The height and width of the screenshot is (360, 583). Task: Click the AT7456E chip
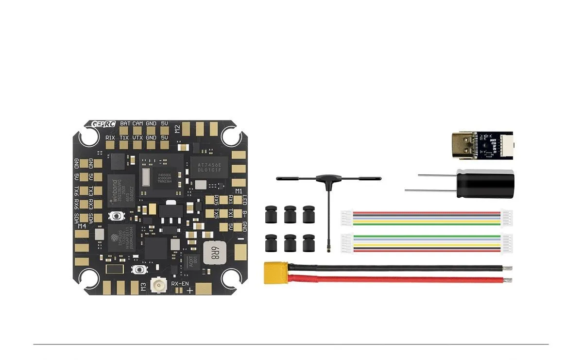point(208,168)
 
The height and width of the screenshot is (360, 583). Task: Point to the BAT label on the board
point(125,124)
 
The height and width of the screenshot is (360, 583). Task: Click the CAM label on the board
point(137,124)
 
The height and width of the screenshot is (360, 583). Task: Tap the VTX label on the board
point(137,138)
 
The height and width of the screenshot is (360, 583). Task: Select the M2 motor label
point(177,129)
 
